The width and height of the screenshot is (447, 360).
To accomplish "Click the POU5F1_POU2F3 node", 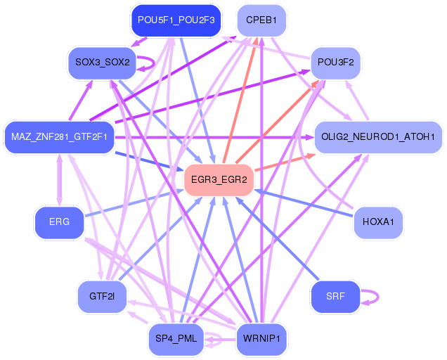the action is point(176,20).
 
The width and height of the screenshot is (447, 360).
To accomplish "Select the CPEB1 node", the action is point(261,20).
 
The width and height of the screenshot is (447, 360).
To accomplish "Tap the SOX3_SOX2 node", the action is point(103,63).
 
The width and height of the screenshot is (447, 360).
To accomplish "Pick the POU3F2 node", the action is point(335,63).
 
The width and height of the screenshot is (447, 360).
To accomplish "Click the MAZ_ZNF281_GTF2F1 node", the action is point(59,137).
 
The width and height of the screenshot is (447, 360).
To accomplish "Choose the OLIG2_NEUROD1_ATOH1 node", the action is point(378,137).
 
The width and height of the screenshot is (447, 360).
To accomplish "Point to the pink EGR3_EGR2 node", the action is point(219,180).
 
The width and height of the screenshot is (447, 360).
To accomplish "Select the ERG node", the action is point(59,222).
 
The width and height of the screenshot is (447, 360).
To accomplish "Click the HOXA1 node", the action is point(378,222).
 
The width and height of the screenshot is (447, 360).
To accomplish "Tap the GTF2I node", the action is point(102,297).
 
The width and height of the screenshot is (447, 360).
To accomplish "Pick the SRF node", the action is point(335,297).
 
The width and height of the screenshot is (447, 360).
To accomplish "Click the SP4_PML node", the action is point(176,339).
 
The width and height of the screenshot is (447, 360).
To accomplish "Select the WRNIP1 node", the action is point(261,339).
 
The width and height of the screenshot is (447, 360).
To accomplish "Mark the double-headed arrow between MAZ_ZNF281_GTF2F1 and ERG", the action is point(59,180).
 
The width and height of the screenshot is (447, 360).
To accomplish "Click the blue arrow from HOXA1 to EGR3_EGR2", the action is point(304,203).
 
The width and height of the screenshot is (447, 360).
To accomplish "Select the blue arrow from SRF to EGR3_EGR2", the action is point(278,238).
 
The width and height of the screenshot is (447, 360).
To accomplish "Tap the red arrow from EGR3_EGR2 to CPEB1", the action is point(240,101).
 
